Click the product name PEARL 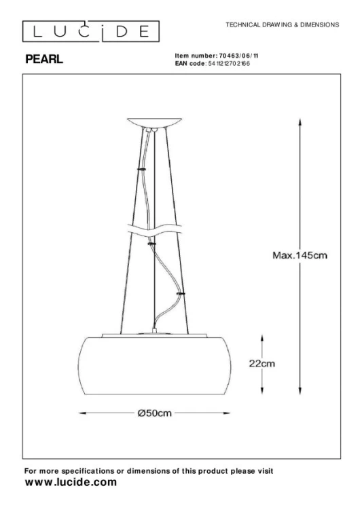(x=44, y=60)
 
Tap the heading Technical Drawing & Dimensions (x=282, y=24)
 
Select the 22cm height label (x=262, y=364)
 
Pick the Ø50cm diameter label (x=154, y=413)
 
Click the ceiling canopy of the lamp (x=155, y=122)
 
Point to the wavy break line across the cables (x=155, y=231)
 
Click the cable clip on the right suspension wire (x=180, y=293)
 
